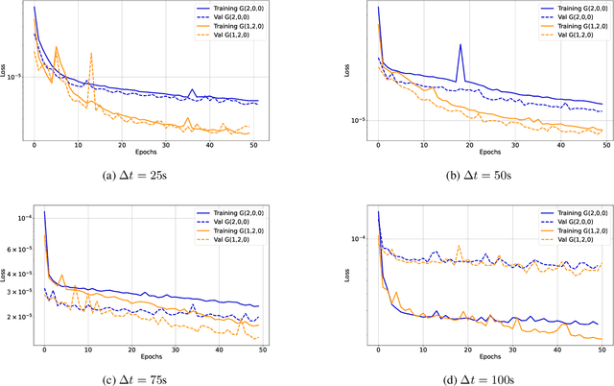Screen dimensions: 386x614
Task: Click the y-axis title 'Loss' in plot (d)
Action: pos(346,275)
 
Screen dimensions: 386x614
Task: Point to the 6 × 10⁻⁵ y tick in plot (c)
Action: pos(20,249)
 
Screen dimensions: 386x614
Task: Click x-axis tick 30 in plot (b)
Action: pos(516,143)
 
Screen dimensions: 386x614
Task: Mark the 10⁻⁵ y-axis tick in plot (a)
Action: pos(19,78)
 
